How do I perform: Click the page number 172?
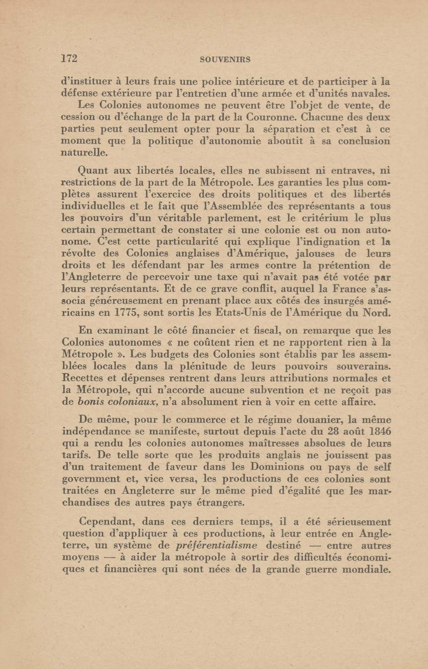tap(69, 59)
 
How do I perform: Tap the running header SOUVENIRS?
tap(225, 59)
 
